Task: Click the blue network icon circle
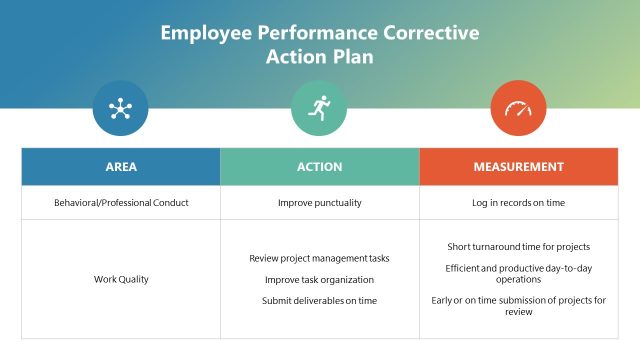pos(120,108)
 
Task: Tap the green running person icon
pos(319,108)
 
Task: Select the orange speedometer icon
pos(518,108)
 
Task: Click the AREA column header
pos(121,167)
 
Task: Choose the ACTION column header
pos(320,167)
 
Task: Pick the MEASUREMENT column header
pos(518,167)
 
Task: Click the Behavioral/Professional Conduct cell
pos(121,203)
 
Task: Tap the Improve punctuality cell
pos(320,203)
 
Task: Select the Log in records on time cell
pos(518,203)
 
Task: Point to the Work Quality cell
pos(121,279)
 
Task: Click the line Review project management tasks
pos(320,258)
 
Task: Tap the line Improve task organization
pos(320,280)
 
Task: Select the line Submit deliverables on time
pos(320,301)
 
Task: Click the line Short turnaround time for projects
pos(518,246)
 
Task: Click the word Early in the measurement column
pos(443,301)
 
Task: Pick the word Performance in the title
pos(317,33)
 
